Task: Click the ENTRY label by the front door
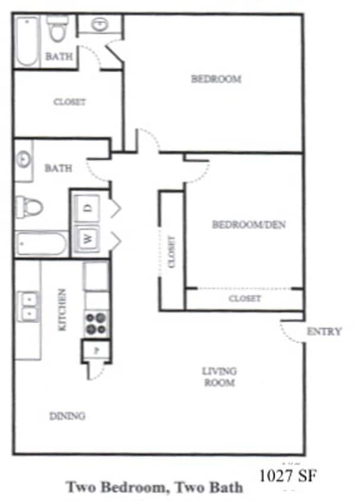(x=324, y=332)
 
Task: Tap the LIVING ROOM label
(x=219, y=377)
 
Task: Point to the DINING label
(x=67, y=416)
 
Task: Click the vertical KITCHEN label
(x=62, y=309)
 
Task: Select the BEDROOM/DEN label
(x=241, y=224)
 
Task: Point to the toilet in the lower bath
(x=29, y=207)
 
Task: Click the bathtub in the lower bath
(x=42, y=244)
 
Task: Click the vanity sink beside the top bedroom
(x=100, y=24)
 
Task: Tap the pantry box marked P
(x=96, y=350)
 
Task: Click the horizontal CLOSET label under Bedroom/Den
(x=244, y=299)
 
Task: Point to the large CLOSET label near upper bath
(x=69, y=102)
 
